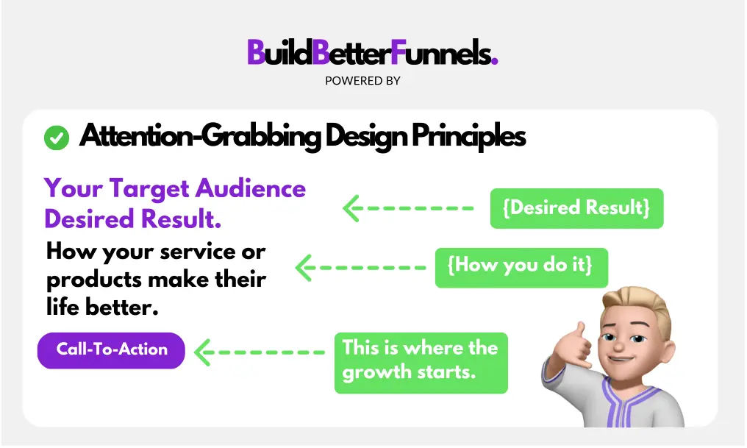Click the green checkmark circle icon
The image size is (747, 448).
[56, 138]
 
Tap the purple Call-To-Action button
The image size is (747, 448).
[111, 350]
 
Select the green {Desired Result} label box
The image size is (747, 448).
[576, 208]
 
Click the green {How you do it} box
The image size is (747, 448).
[521, 267]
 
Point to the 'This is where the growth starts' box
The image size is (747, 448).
[421, 363]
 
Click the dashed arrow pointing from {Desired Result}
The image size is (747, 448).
[408, 208]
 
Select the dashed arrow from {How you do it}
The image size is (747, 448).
[361, 268]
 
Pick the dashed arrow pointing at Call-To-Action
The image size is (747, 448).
[260, 352]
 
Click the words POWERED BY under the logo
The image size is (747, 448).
[362, 81]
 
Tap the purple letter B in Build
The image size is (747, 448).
[256, 52]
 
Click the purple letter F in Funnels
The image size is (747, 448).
[398, 52]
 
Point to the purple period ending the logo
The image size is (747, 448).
[495, 60]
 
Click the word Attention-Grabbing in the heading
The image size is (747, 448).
[200, 136]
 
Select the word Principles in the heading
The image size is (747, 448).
[469, 136]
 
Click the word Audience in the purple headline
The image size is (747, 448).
[251, 188]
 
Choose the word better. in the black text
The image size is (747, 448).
[121, 307]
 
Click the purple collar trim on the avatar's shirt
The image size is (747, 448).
[619, 399]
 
